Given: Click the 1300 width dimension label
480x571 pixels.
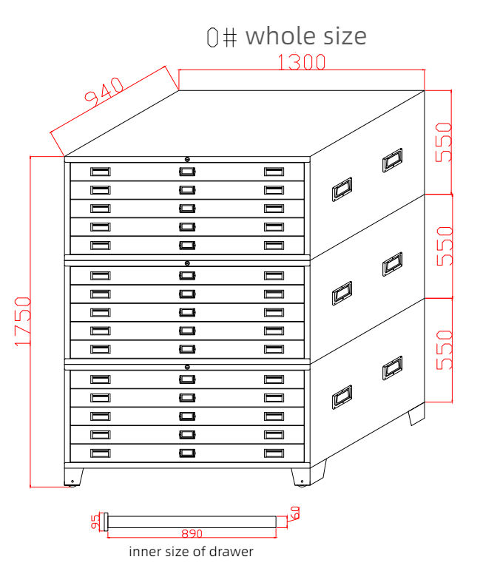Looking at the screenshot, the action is pyautogui.click(x=302, y=61).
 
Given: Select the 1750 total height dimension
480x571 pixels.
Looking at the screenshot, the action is pyautogui.click(x=23, y=321).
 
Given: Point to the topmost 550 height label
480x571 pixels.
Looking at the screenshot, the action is pyautogui.click(x=444, y=142).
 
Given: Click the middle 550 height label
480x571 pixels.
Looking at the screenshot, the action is pyautogui.click(x=444, y=246).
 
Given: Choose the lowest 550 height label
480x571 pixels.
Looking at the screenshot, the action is pyautogui.click(x=444, y=350).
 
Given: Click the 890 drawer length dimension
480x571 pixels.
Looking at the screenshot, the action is pyautogui.click(x=192, y=533).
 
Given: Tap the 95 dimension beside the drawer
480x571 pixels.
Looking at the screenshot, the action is pyautogui.click(x=95, y=521).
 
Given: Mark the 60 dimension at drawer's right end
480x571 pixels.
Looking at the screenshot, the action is pyautogui.click(x=294, y=513).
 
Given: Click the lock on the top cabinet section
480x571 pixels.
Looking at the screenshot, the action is pyautogui.click(x=187, y=159).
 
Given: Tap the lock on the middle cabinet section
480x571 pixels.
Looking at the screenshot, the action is pyautogui.click(x=187, y=263).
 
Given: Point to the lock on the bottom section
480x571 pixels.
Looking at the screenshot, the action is pyautogui.click(x=187, y=367).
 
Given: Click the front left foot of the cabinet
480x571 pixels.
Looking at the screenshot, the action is pyautogui.click(x=73, y=477).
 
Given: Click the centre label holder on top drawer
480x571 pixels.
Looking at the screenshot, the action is pyautogui.click(x=187, y=172).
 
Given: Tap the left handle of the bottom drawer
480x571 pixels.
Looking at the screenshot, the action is pyautogui.click(x=100, y=453).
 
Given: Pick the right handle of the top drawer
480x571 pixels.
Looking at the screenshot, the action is pyautogui.click(x=274, y=172).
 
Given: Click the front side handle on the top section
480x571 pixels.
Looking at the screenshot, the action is pyautogui.click(x=342, y=189).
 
